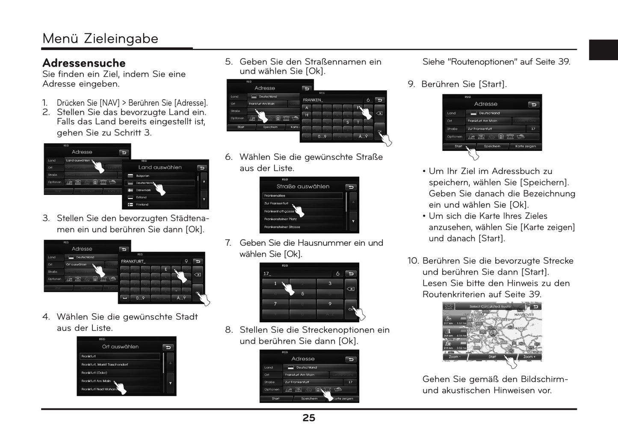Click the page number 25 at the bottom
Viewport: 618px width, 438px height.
pos(308,418)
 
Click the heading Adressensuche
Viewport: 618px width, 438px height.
pos(84,63)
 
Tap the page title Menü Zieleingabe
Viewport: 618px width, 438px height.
pos(100,38)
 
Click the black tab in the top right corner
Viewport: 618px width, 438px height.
pos(603,50)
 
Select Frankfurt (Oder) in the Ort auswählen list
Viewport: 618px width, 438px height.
pos(95,373)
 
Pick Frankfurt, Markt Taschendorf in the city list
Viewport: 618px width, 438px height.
pos(105,365)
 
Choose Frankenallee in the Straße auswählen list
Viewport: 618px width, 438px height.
pos(275,196)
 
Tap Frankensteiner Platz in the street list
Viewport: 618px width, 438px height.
pos(281,219)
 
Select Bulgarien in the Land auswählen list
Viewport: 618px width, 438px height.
pos(143,176)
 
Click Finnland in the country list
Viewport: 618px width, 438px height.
pos(142,205)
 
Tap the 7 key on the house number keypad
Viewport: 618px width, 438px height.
pos(275,304)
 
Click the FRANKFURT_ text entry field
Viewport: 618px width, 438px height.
pos(150,261)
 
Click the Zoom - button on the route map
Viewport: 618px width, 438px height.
pos(455,357)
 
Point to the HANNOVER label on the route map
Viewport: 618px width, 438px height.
pos(524,315)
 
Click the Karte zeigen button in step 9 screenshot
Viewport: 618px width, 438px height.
pos(526,146)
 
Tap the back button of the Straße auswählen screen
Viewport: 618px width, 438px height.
pos(351,187)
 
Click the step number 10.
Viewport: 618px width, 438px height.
pos(413,261)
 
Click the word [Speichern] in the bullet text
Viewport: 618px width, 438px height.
pos(544,182)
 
